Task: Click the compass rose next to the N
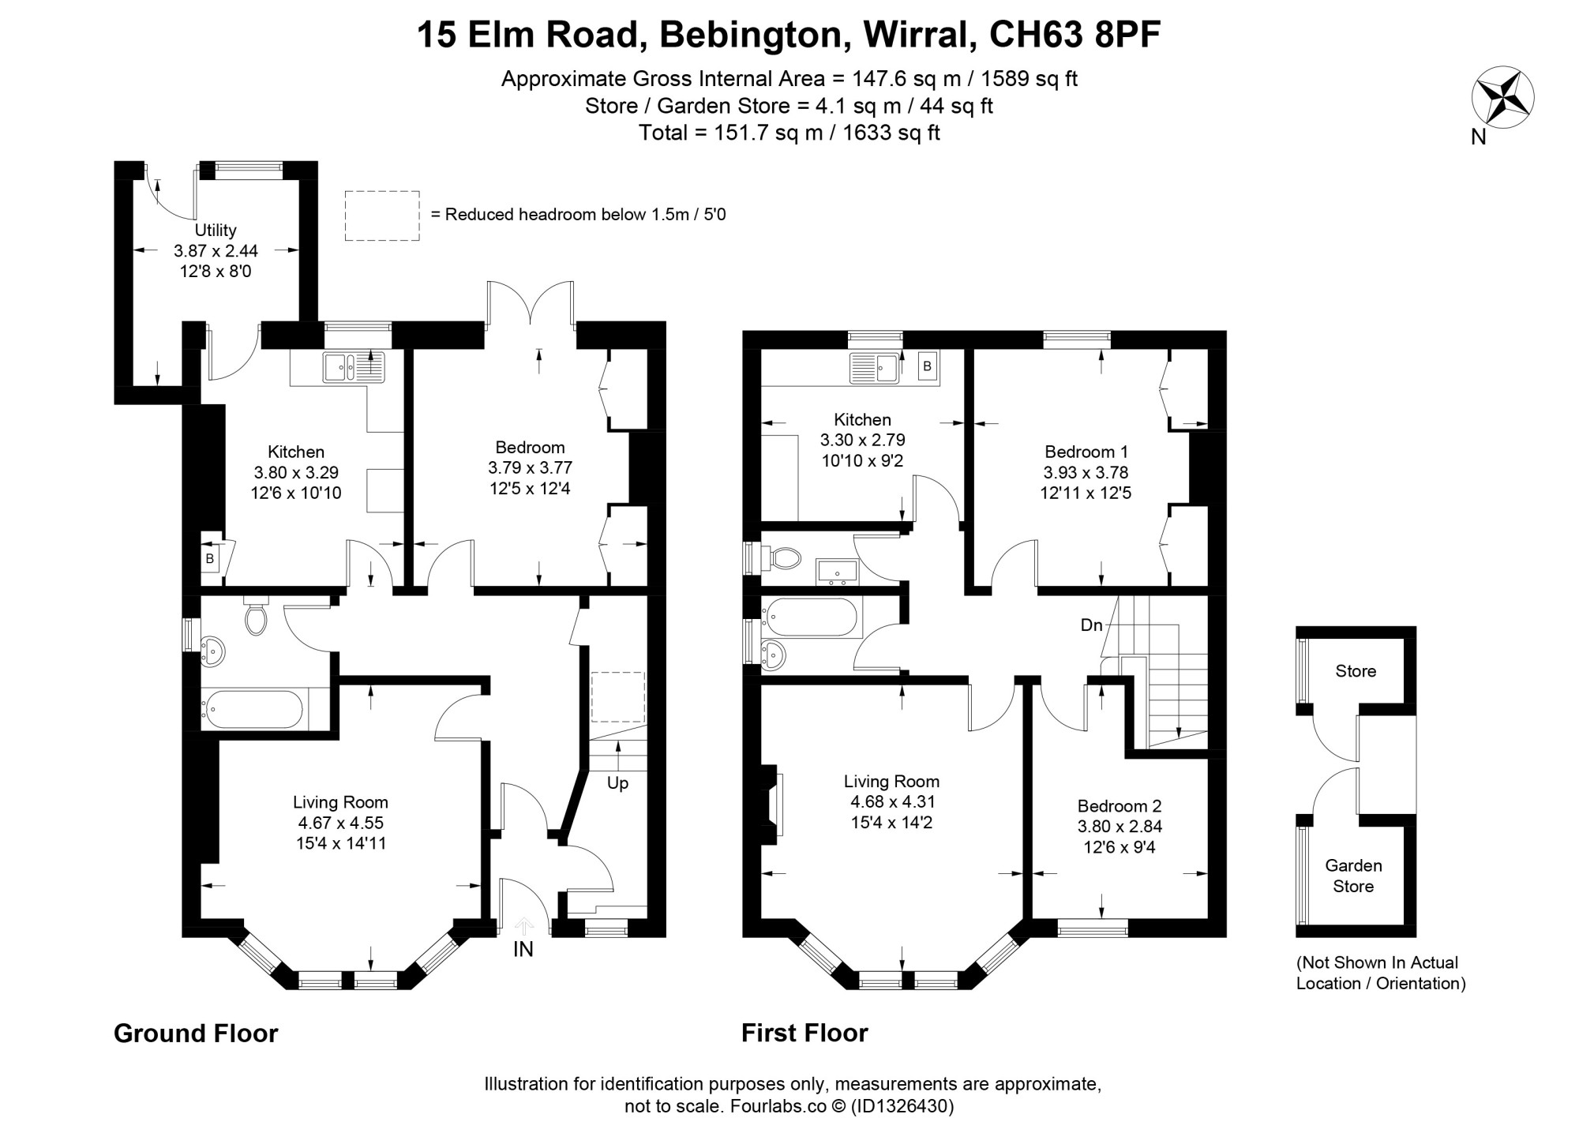(1502, 99)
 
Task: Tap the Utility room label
(216, 231)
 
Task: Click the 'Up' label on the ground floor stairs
(617, 784)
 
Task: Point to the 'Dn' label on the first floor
(1092, 625)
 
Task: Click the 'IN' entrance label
(523, 949)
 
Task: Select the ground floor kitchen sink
(354, 368)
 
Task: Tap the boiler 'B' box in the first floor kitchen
(928, 366)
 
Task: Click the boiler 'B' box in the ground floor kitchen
(210, 559)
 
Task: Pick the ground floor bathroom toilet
(256, 615)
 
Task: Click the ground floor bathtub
(253, 709)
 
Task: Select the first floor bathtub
(812, 617)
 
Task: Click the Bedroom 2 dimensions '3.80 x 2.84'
(1120, 827)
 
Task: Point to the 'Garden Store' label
(1353, 876)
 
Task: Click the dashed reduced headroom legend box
(382, 216)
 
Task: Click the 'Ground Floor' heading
(196, 1034)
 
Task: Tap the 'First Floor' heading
(805, 1034)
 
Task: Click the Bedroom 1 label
(1086, 452)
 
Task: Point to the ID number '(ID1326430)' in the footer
(902, 1106)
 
